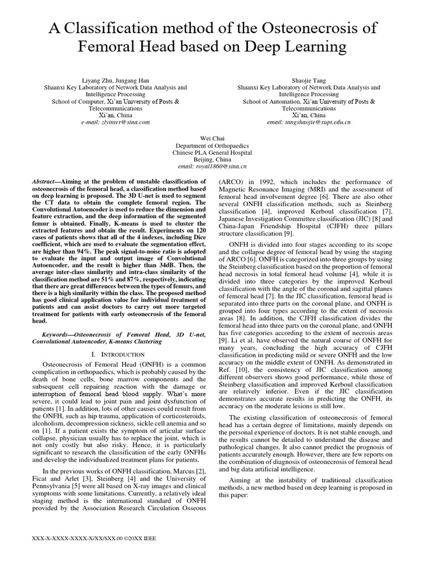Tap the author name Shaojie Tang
(309, 80)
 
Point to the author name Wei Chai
(212, 138)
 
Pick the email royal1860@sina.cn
(212, 166)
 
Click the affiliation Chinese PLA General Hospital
(212, 152)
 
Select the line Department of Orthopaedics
(212, 145)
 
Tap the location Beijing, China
(212, 159)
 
